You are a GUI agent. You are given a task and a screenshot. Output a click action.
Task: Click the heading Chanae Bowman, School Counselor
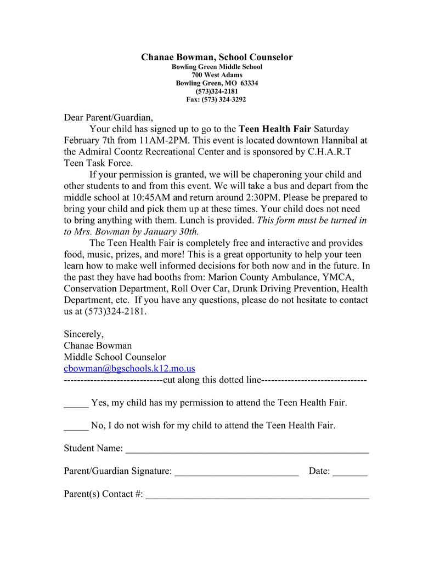(217, 57)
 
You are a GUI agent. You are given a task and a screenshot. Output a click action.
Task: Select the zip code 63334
(249, 83)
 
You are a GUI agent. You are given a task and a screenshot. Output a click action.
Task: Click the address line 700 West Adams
(217, 75)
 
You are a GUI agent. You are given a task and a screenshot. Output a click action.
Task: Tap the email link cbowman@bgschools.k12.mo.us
(129, 369)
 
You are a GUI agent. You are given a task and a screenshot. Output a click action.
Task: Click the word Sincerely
(83, 334)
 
